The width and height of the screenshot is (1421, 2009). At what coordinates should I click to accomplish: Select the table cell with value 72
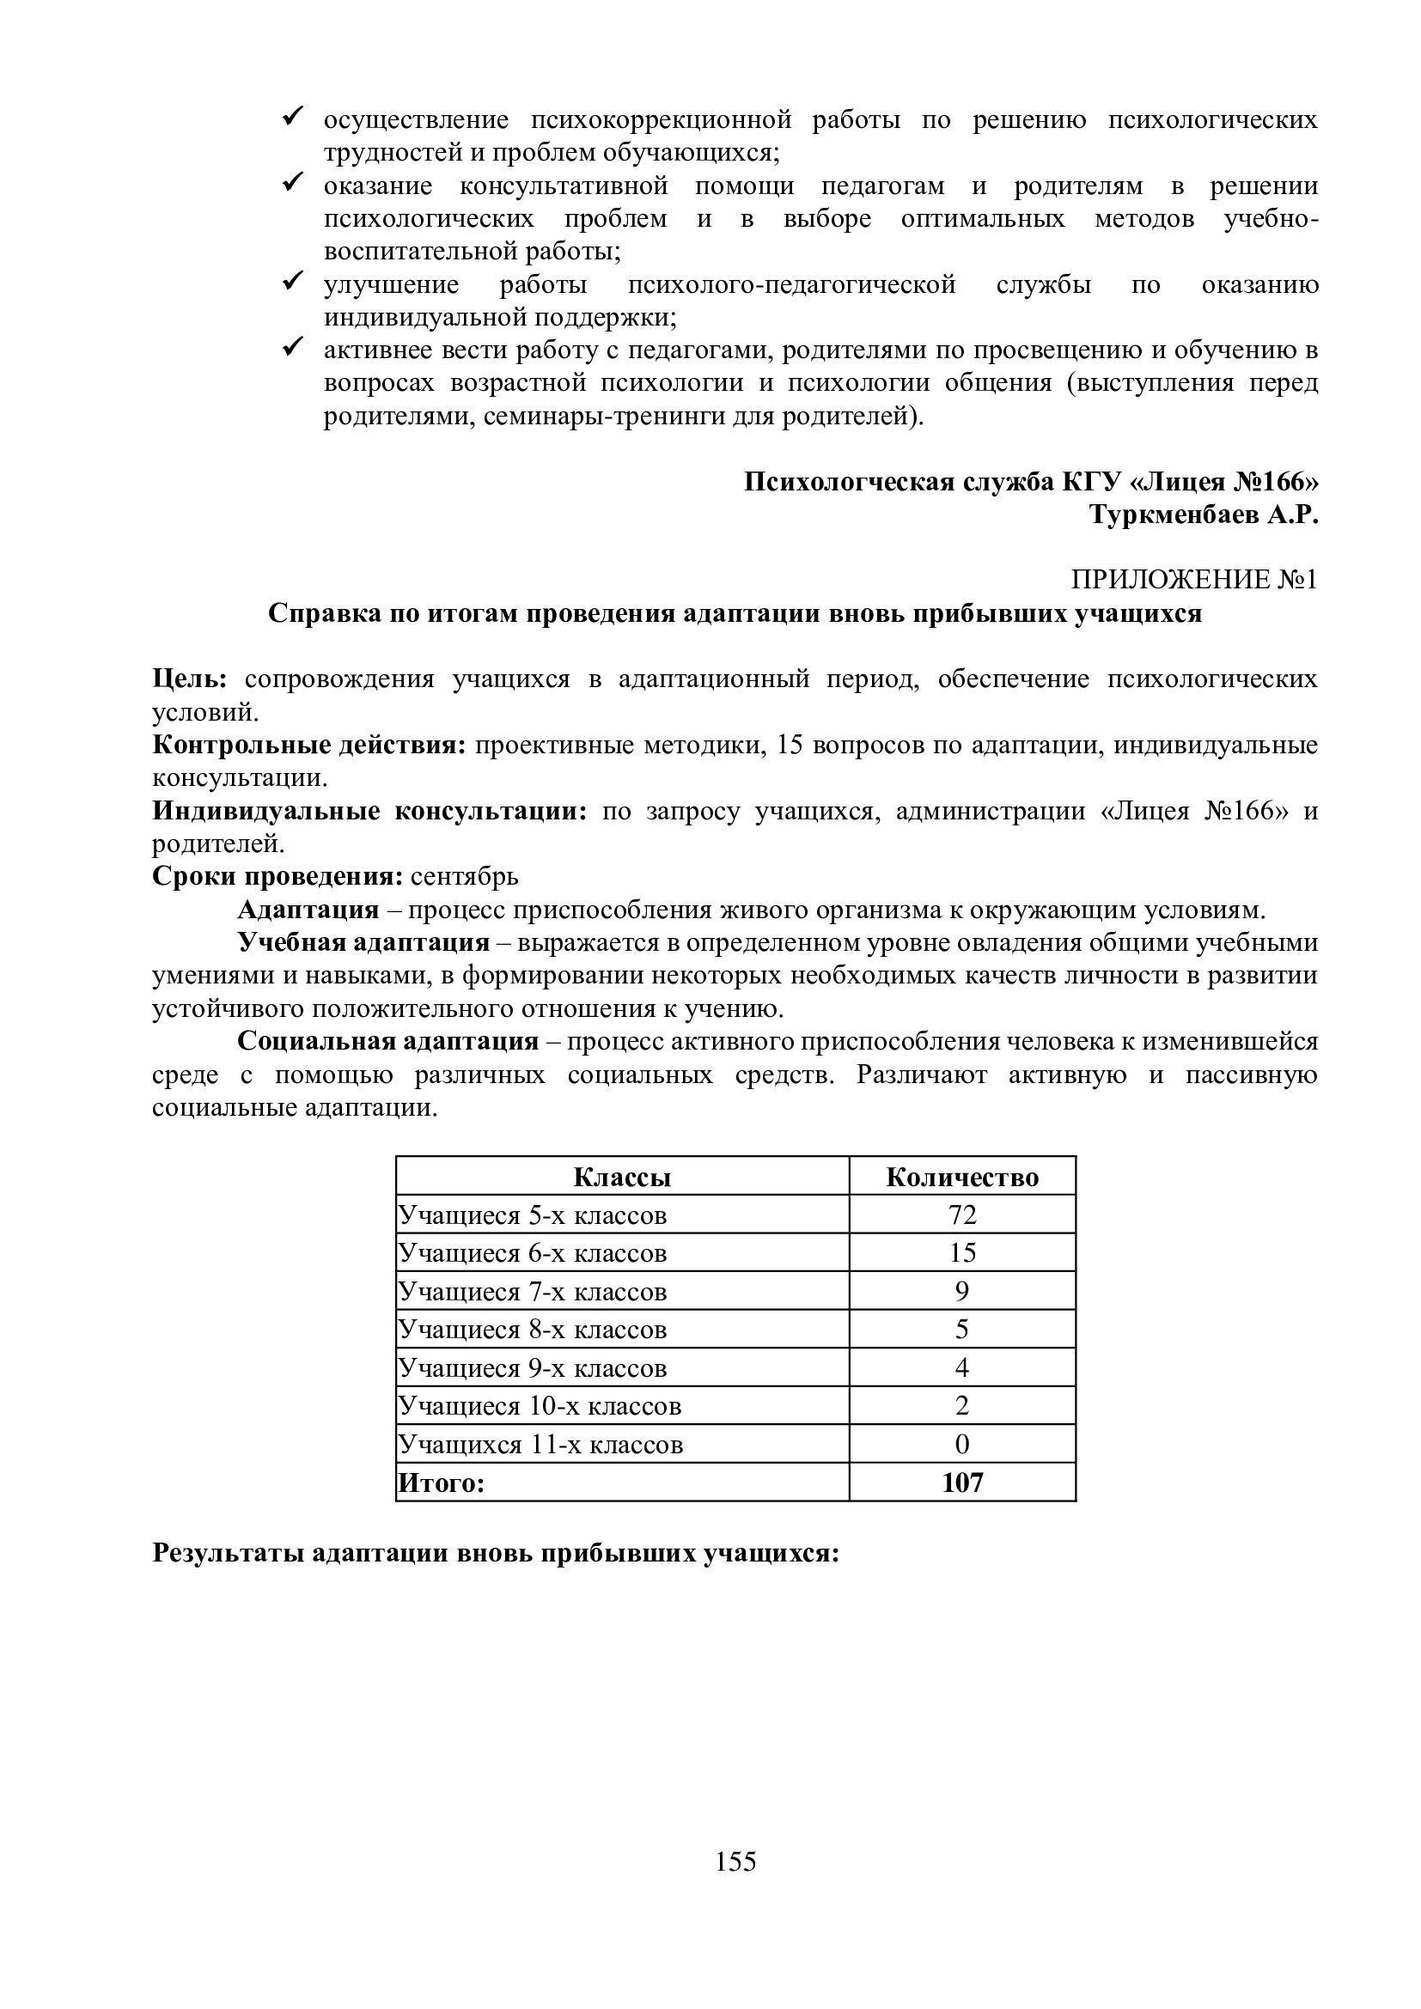961,1215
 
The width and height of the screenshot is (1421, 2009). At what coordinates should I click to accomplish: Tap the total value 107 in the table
962,1482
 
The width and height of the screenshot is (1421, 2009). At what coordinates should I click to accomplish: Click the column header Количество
961,1177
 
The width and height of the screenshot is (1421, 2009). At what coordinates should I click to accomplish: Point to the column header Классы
622,1177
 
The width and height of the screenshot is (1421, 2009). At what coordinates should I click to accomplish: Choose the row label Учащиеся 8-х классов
532,1330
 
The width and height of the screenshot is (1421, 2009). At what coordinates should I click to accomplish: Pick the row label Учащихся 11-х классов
540,1444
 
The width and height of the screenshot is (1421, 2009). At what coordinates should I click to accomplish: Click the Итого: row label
441,1482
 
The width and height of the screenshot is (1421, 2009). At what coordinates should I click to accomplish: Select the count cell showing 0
961,1444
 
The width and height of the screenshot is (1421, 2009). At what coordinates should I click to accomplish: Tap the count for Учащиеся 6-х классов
961,1253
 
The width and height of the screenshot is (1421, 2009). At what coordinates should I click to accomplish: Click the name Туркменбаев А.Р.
1203,515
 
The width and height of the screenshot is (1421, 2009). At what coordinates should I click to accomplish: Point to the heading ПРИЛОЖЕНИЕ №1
1194,580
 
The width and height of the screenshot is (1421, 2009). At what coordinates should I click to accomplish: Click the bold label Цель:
190,679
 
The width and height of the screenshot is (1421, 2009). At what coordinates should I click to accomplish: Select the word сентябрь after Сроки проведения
465,876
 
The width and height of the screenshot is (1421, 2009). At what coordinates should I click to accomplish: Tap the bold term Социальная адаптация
387,1041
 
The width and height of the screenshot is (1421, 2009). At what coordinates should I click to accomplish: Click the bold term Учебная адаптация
363,942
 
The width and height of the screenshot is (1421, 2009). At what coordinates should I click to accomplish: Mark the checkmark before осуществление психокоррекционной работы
291,115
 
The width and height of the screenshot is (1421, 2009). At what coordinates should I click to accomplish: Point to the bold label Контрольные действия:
310,745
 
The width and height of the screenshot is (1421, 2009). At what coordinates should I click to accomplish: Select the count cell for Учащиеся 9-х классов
961,1367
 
